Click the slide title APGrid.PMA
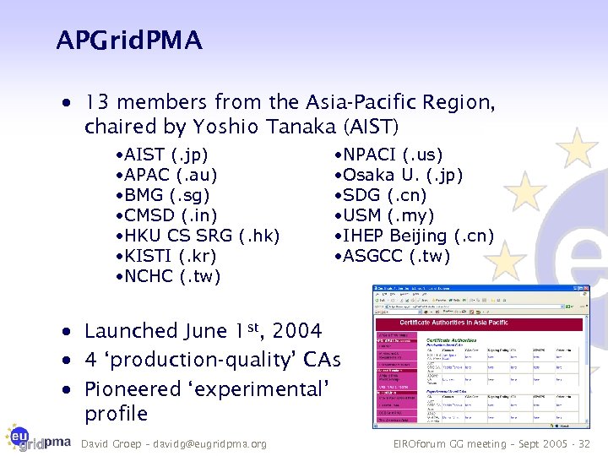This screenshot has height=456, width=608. tap(129, 40)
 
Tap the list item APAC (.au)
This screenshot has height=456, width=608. tap(167, 176)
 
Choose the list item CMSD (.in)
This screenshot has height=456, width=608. tap(166, 216)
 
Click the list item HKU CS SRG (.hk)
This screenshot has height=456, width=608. tap(198, 236)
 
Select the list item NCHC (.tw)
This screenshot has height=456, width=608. tap(168, 277)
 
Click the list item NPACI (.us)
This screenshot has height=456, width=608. tap(388, 155)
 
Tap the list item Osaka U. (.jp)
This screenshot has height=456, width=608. tap(399, 176)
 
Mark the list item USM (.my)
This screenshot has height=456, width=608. tap(385, 216)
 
